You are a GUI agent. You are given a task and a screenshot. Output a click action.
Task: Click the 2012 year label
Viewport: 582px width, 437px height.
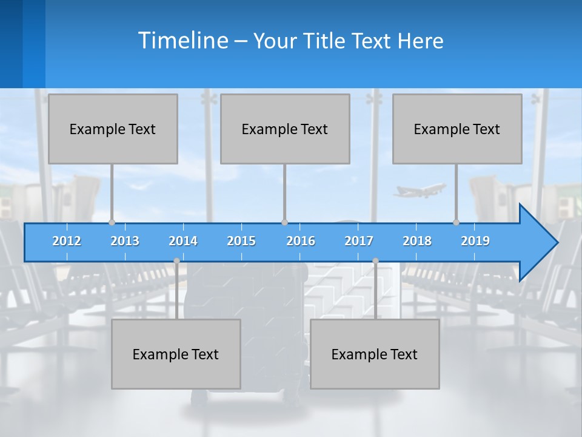(67, 241)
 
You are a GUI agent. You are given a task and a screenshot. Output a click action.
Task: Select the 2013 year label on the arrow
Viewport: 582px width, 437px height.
(125, 241)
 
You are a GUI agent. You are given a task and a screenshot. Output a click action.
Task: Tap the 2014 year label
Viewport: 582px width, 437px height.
(183, 241)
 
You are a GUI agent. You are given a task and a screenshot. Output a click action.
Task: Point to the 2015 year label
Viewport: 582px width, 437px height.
(241, 241)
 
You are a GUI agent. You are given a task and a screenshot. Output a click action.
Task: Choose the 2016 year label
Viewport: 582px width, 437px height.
(301, 241)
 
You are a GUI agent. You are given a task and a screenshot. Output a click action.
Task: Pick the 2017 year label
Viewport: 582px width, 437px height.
(359, 241)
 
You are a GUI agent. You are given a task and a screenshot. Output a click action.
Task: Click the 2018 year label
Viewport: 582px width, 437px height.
(417, 241)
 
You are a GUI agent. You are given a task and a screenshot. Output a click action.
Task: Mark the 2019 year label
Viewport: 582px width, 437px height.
(475, 241)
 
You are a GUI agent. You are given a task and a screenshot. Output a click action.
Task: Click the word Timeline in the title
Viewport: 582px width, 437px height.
(182, 41)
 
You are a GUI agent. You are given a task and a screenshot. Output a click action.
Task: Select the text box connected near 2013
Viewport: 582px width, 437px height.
(113, 129)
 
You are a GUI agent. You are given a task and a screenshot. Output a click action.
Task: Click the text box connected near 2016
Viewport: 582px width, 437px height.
(285, 129)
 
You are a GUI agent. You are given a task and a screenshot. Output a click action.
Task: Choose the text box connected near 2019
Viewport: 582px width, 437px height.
(457, 129)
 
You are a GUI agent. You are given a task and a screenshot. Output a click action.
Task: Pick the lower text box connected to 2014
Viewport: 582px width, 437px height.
(176, 354)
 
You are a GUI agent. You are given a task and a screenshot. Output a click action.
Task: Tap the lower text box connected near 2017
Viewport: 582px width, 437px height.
(375, 354)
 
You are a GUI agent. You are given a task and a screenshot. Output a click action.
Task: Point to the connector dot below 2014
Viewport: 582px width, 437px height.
(176, 261)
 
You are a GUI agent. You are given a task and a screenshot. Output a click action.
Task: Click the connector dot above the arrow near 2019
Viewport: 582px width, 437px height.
(457, 222)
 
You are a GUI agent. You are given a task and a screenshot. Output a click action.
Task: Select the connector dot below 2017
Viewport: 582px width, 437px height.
(375, 261)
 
